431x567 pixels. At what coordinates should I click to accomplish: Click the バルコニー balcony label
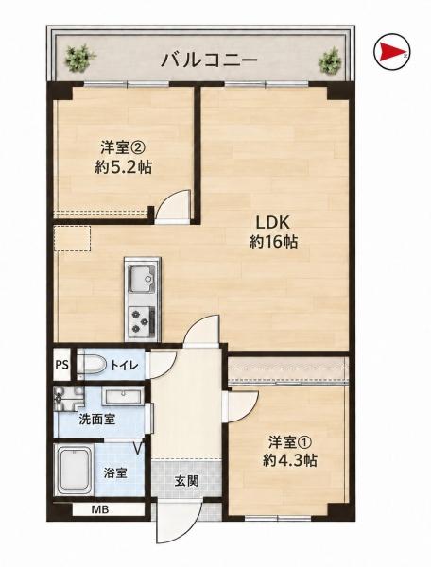point(209,60)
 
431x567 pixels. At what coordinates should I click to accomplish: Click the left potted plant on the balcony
point(78,57)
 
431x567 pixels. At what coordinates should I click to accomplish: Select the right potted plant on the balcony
point(330,60)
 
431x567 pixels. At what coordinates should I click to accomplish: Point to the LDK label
point(273,223)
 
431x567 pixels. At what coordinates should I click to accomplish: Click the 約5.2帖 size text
point(123,167)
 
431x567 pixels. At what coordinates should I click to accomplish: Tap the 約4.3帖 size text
point(290,460)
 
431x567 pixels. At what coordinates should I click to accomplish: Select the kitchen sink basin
point(142,279)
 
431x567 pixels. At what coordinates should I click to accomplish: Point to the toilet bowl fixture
point(91,364)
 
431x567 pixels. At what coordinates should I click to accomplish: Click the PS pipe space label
point(61,365)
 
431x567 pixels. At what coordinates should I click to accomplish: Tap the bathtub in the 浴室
point(74,470)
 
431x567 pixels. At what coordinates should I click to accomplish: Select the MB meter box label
point(100,510)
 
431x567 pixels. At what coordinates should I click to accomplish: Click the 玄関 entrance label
point(186,481)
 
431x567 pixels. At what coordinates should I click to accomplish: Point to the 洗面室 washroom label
point(97,420)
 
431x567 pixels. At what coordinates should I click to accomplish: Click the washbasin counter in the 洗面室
point(123,397)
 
